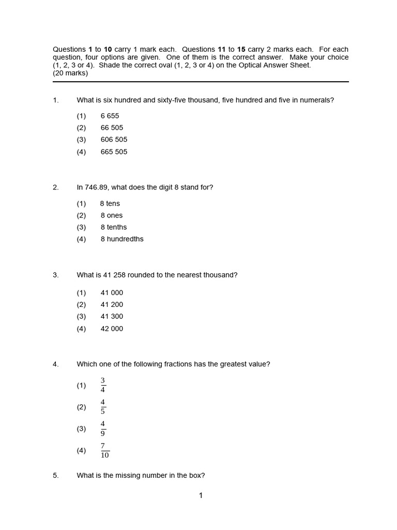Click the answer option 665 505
coord(114,152)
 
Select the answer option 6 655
coord(110,116)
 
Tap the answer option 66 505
coord(112,128)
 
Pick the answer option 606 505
coord(114,140)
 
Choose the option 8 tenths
coord(114,227)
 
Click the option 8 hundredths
coord(122,239)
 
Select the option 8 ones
coord(112,215)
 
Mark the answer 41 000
coord(112,292)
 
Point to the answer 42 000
coord(112,329)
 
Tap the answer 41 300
coord(112,316)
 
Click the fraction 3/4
coord(103,385)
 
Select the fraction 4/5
coord(103,407)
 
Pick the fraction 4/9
coord(103,429)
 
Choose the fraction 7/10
coord(104,450)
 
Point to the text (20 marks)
coord(70,73)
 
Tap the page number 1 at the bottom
coord(201,496)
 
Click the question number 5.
coord(55,475)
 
